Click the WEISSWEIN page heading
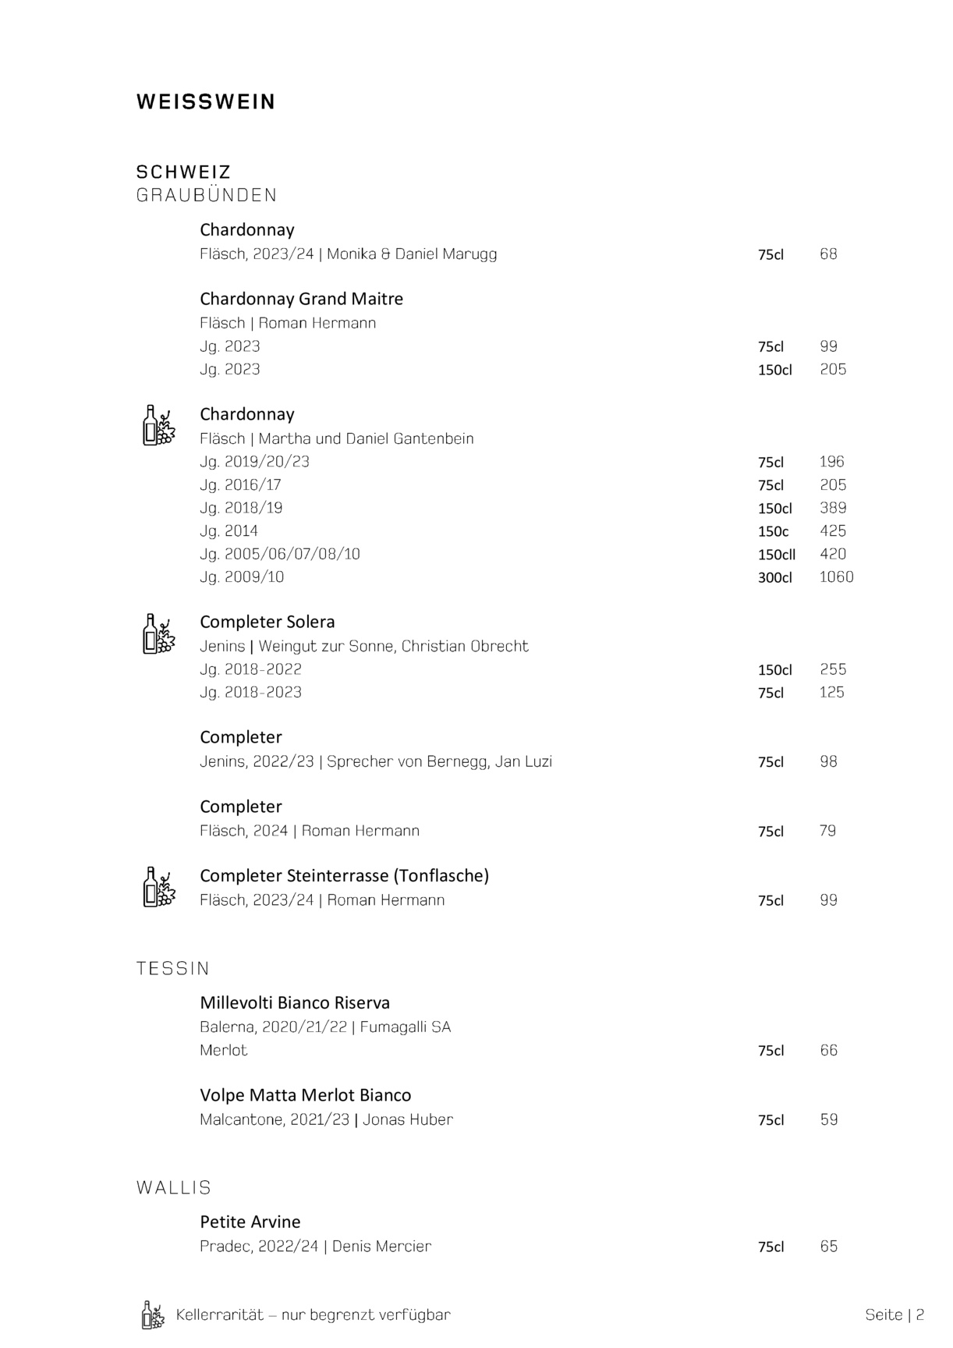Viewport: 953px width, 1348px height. click(x=206, y=102)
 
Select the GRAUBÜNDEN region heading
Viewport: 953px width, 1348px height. click(x=207, y=195)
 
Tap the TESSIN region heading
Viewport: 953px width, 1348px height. click(x=173, y=968)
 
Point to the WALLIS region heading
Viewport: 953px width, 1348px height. click(x=174, y=1187)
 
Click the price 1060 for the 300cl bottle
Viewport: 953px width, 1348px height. click(x=836, y=577)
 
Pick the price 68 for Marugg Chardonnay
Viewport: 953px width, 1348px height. click(x=828, y=254)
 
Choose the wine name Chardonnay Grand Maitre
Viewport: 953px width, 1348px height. click(x=301, y=299)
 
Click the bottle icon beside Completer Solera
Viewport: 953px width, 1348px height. click(x=158, y=633)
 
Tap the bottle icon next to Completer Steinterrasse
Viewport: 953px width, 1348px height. click(x=158, y=887)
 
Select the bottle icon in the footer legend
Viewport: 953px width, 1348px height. click(x=153, y=1314)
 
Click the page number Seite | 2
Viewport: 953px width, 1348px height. click(x=895, y=1314)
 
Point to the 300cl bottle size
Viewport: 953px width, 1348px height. click(x=774, y=578)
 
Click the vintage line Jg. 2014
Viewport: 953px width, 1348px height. click(x=229, y=531)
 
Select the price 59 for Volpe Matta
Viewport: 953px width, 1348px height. click(x=828, y=1120)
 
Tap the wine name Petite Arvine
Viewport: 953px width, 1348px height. click(x=250, y=1222)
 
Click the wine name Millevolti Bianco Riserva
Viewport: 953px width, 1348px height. click(x=295, y=1002)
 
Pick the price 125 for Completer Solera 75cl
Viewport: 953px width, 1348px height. click(x=831, y=693)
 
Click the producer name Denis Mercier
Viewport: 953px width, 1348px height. click(x=381, y=1247)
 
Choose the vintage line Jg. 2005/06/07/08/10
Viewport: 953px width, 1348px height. click(x=280, y=555)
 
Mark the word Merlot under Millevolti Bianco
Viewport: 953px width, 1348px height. click(x=223, y=1051)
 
